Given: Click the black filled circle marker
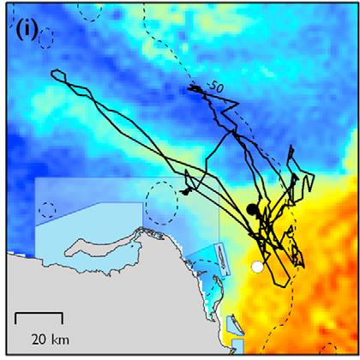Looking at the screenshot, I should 252,209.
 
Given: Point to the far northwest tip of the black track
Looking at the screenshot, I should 53,75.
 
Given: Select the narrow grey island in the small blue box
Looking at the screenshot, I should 219,256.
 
